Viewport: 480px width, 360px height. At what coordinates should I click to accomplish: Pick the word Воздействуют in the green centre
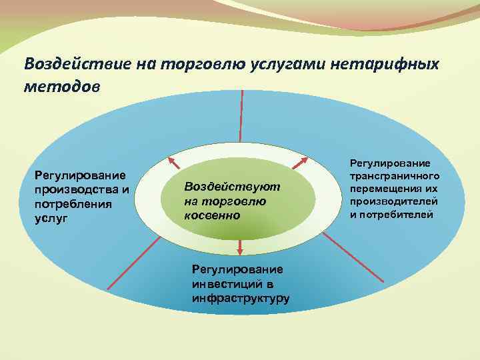coord(232,187)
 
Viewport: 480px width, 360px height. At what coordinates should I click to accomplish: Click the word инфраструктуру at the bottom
coord(240,297)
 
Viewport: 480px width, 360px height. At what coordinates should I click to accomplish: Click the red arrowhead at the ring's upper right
coord(302,161)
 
